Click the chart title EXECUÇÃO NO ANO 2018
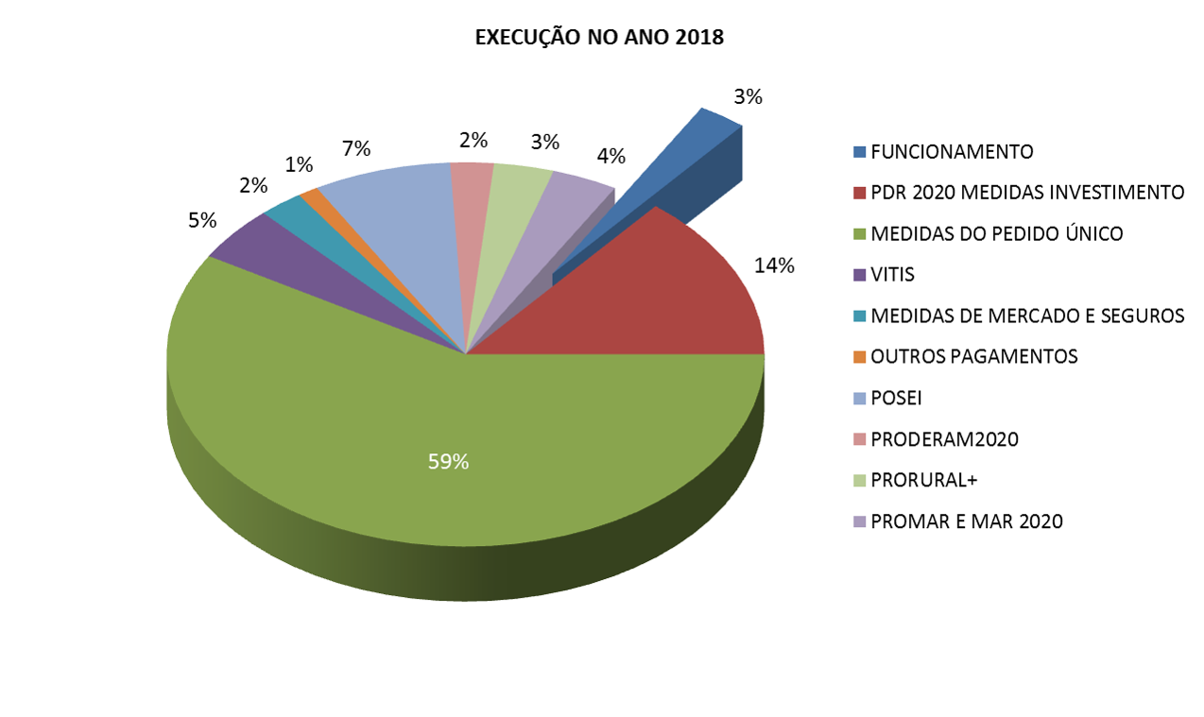tap(598, 38)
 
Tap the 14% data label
tap(774, 266)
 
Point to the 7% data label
tap(355, 148)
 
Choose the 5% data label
tap(201, 220)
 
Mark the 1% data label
tap(299, 164)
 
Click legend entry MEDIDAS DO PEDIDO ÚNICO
tap(996, 233)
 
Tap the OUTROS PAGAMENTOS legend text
tap(973, 356)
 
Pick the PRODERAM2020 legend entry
tap(944, 439)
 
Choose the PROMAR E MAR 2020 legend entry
tap(966, 521)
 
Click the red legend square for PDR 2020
tap(859, 193)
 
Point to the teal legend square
tap(859, 316)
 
